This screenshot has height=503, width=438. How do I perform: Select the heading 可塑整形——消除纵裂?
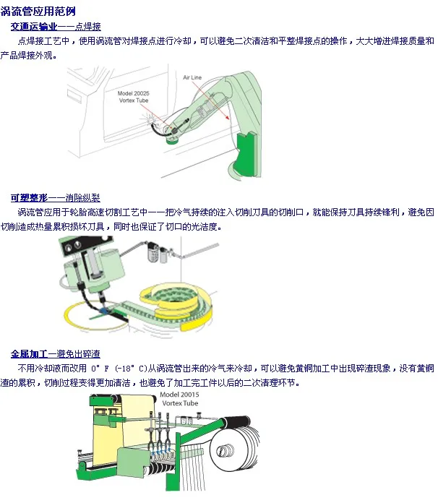(x=55, y=197)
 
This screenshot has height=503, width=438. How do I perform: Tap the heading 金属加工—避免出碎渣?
(x=55, y=353)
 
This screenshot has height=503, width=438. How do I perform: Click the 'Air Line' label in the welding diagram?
(x=192, y=77)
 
